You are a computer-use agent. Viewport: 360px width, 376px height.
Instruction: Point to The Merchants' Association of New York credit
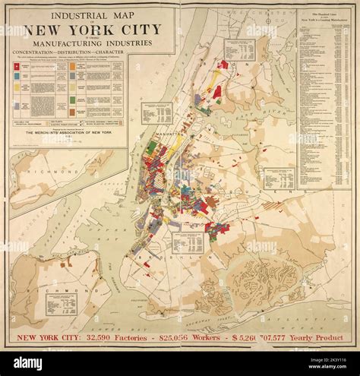click(x=68, y=133)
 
